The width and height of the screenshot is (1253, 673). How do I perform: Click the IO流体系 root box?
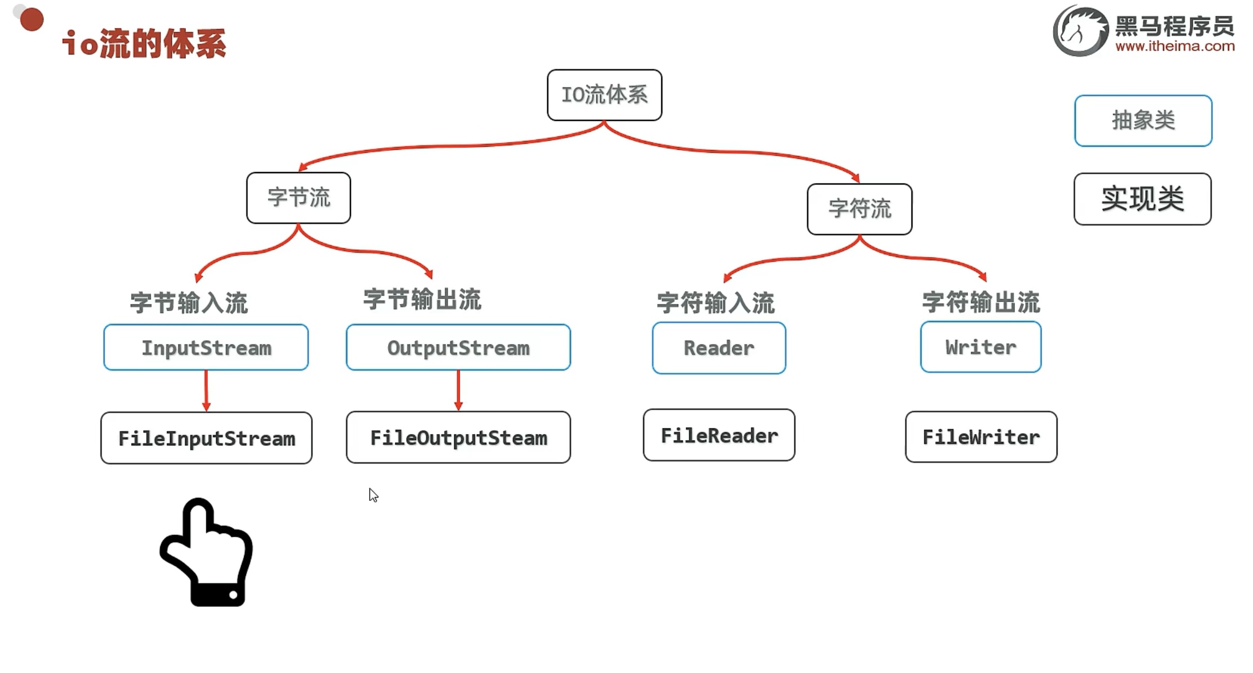tap(604, 95)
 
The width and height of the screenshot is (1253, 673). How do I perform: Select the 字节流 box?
tap(298, 198)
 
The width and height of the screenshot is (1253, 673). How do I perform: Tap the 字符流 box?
tap(859, 209)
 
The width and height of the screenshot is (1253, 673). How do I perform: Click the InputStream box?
tap(206, 347)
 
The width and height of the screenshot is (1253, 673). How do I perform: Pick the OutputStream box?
tap(458, 347)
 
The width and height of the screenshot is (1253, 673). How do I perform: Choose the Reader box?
tap(719, 348)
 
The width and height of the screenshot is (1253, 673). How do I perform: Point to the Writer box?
tap(980, 347)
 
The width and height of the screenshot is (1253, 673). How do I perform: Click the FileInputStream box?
tap(206, 438)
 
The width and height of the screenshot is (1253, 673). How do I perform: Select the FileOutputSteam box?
tap(458, 437)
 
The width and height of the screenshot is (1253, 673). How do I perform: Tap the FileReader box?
tap(719, 435)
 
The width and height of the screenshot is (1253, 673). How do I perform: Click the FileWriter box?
tap(981, 437)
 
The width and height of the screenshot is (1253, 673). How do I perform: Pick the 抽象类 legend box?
tap(1143, 121)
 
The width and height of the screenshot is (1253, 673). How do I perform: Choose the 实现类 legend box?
tap(1143, 199)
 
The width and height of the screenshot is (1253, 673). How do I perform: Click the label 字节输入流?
tap(189, 302)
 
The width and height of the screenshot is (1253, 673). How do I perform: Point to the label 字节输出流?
tap(422, 299)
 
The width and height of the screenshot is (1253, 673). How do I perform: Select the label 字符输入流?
tap(716, 302)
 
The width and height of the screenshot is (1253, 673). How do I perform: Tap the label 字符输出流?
tap(981, 302)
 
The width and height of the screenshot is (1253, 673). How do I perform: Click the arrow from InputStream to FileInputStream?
tap(206, 390)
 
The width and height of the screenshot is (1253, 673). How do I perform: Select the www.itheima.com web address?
tap(1175, 46)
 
